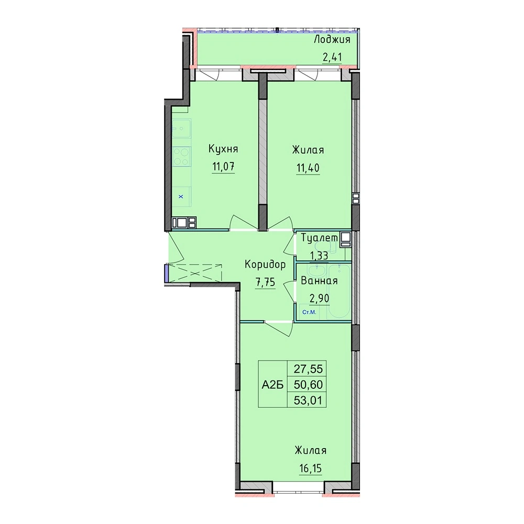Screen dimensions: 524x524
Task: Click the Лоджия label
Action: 332,40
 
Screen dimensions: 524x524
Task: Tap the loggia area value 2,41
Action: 332,57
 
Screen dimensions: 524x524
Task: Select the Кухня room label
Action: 223,149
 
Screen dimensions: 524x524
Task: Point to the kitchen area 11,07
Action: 223,166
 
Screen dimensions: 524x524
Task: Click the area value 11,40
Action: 308,168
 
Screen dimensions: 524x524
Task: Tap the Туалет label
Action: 320,238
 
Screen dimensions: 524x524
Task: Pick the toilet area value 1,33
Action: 319,256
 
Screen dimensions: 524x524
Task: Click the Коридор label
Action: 265,265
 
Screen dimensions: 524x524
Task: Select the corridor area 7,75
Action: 265,282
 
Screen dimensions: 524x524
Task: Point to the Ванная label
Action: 319,281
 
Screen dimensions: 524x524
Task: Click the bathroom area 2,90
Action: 320,298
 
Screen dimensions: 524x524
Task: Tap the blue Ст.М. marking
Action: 309,312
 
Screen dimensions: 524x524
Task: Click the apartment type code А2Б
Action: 272,385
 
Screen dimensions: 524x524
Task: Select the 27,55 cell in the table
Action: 308,369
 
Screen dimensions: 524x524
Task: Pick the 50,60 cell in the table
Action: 308,385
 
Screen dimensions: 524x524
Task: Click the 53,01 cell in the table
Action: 308,400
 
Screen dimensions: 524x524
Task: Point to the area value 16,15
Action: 310,468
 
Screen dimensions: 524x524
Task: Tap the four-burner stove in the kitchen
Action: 181,156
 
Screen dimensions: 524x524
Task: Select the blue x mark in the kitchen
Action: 181,196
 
